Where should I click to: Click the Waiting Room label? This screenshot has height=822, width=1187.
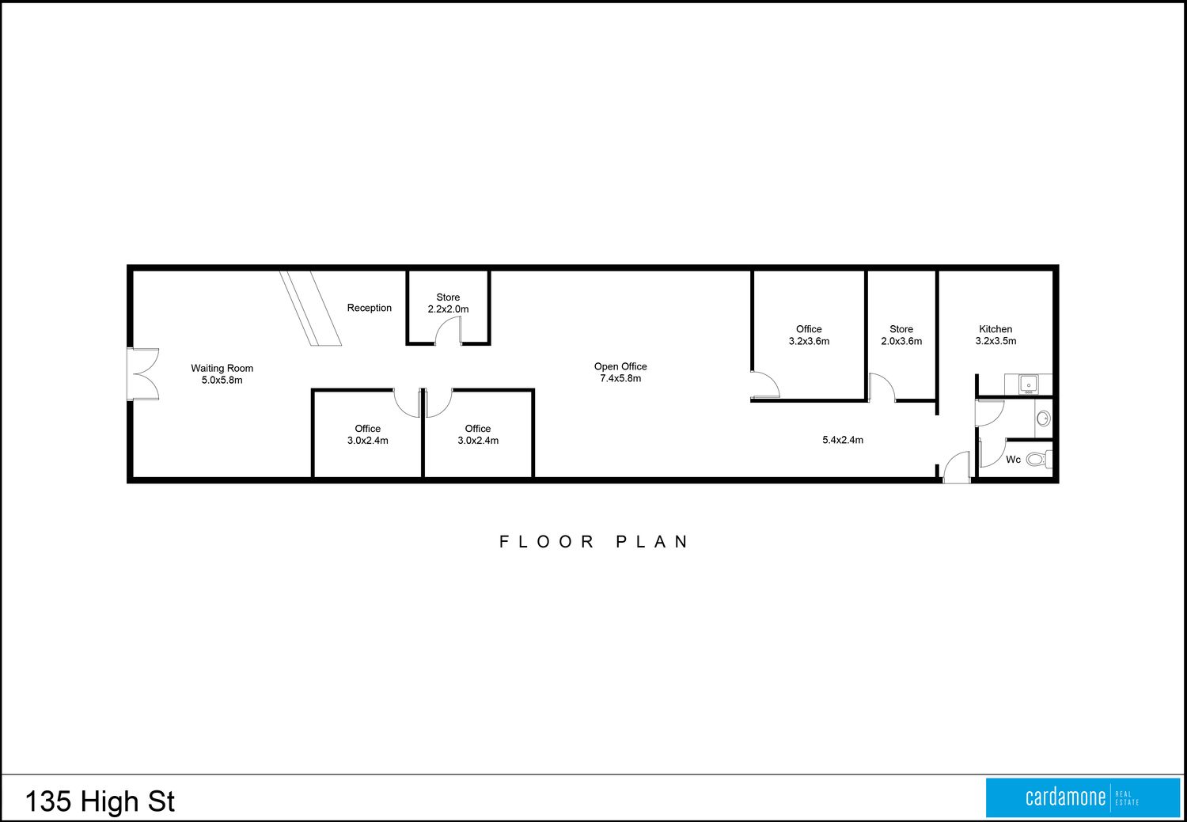coord(222,368)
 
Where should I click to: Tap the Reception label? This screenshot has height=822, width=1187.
coord(370,308)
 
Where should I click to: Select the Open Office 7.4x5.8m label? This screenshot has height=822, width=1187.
coord(620,373)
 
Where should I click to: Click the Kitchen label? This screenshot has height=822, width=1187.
coord(995,329)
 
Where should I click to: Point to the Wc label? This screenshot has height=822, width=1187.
coord(1013,460)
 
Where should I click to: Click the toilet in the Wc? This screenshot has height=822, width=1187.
coord(1039,459)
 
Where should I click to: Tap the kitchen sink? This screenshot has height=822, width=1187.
coord(1029,384)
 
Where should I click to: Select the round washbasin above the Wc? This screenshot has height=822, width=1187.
coord(1044,419)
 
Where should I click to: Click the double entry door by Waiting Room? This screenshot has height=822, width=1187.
coord(143,374)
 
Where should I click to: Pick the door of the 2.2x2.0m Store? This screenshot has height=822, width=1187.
coord(449,331)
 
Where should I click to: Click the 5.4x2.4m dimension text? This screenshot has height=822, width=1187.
coord(843,440)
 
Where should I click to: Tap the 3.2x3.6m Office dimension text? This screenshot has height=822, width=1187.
coord(810,341)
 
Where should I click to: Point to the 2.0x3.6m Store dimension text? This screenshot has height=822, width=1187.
coord(901,341)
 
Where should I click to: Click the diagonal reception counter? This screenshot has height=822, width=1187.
coord(310,309)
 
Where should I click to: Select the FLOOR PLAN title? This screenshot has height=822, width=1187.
coord(594,541)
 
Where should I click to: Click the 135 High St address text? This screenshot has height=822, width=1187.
coord(100,801)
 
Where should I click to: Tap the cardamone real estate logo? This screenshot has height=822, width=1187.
coord(1083,797)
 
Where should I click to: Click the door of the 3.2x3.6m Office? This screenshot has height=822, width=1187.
coord(765,384)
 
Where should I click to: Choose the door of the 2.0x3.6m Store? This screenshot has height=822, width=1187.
coord(882,388)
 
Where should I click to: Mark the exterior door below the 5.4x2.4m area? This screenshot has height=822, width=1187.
coord(957,467)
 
